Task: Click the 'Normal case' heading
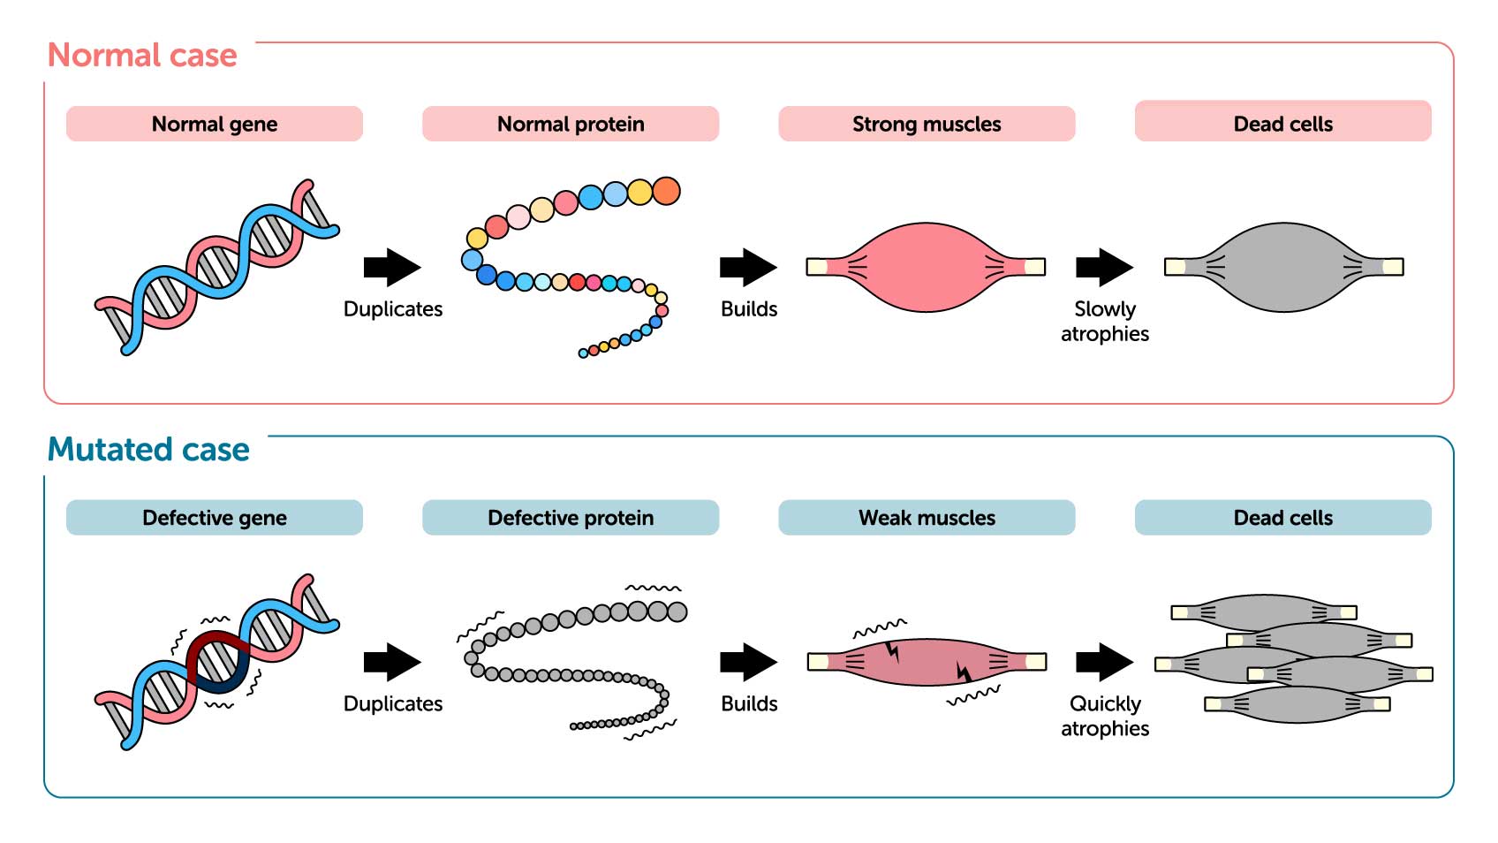(x=142, y=56)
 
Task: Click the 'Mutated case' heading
(x=148, y=450)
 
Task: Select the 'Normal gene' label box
(x=215, y=124)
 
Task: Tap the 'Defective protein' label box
(x=571, y=518)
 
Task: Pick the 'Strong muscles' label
(x=927, y=124)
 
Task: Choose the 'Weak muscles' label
(x=927, y=518)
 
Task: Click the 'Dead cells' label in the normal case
(x=1282, y=124)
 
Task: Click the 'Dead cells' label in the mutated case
(x=1282, y=518)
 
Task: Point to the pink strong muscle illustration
(x=926, y=267)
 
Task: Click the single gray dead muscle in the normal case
(x=1283, y=267)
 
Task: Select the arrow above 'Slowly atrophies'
(x=1104, y=267)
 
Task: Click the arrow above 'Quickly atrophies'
(x=1104, y=662)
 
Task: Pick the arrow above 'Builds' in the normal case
(x=748, y=267)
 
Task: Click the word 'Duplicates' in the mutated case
(x=393, y=704)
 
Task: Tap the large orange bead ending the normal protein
(x=667, y=191)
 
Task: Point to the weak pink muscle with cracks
(x=926, y=662)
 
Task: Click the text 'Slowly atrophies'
(x=1105, y=322)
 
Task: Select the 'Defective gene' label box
(x=215, y=518)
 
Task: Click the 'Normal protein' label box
(x=571, y=124)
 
